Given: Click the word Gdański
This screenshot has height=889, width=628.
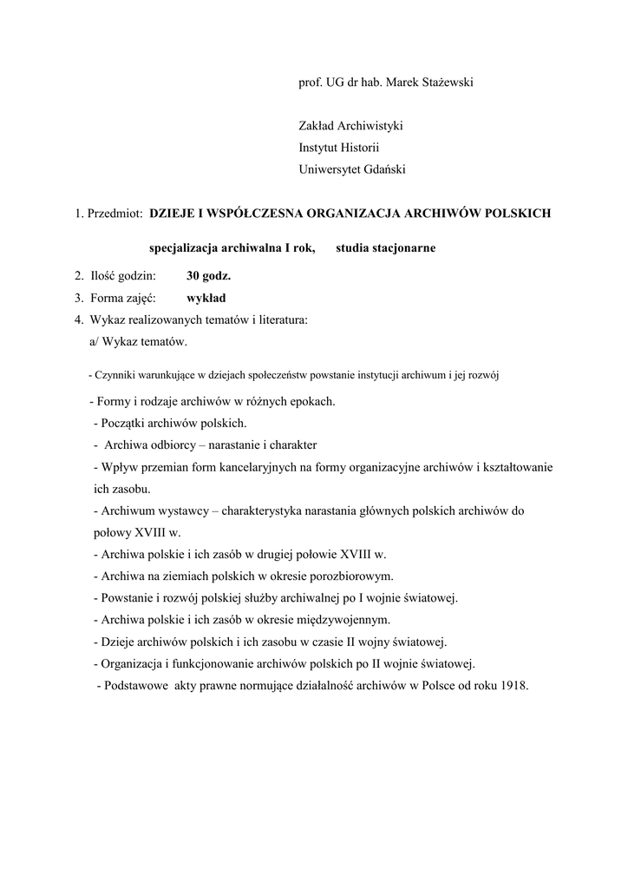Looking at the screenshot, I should (383, 170).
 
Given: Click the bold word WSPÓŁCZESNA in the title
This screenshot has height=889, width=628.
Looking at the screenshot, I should (252, 213).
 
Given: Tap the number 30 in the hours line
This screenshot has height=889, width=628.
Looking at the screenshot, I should (193, 277).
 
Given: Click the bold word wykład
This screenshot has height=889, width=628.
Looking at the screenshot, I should (206, 299).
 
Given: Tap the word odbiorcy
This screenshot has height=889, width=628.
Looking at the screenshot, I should (172, 445).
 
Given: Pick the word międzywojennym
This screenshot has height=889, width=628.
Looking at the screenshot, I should (343, 620).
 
